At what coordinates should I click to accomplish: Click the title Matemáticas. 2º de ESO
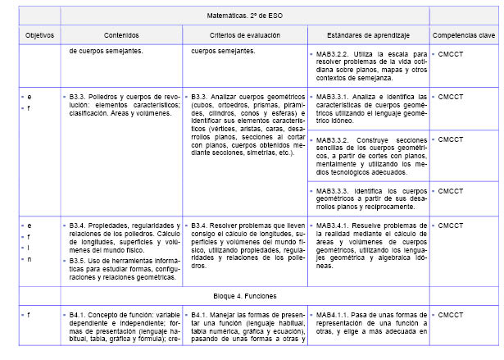click(245, 16)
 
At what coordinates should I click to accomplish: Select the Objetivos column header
click(39, 36)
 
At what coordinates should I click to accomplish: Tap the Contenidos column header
click(121, 36)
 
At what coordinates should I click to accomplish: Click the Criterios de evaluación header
click(244, 36)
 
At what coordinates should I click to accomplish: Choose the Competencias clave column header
click(464, 36)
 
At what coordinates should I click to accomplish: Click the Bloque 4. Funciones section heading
click(244, 294)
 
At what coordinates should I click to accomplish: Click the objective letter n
click(30, 259)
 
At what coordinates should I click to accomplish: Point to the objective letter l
click(30, 248)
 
